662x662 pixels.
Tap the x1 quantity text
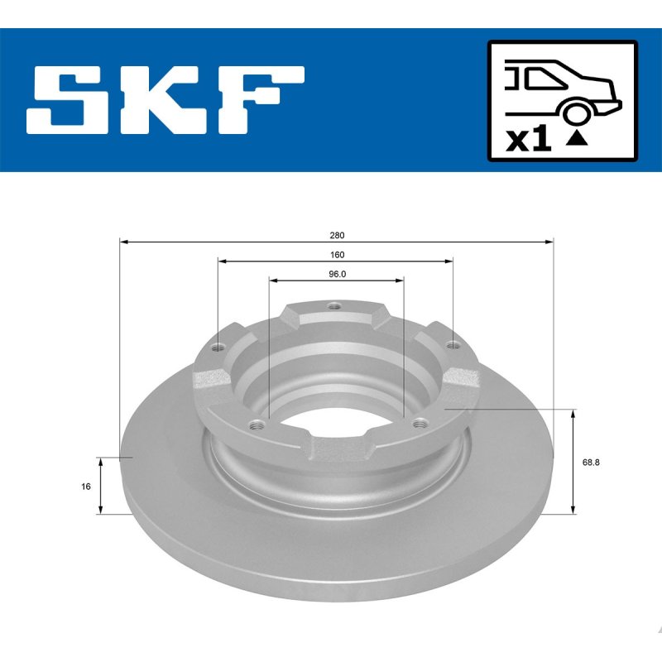[x=528, y=140]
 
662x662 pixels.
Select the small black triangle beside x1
[x=576, y=138]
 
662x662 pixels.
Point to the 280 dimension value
[x=337, y=236]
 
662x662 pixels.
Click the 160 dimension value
[x=337, y=255]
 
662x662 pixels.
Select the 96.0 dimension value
[x=337, y=275]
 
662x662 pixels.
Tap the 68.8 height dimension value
[x=591, y=463]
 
